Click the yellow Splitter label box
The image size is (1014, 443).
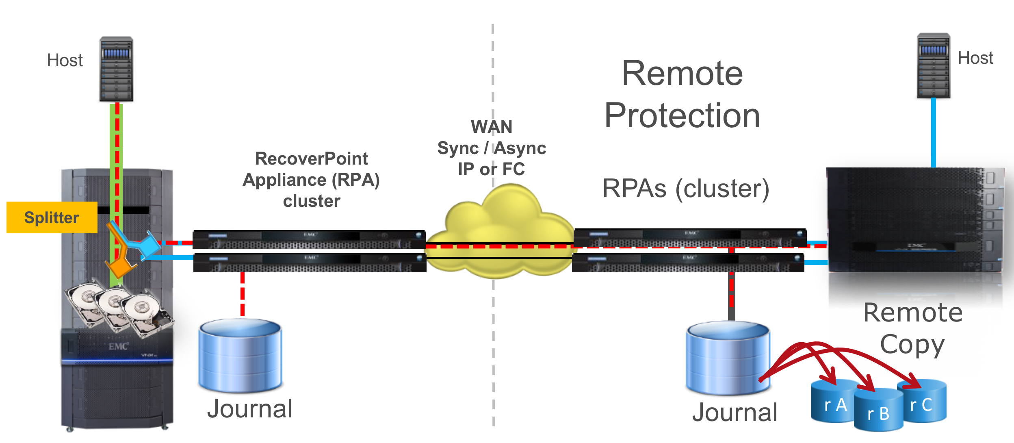point(52,217)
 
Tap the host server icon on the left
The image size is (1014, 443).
point(116,69)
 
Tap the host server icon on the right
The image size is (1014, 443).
point(933,66)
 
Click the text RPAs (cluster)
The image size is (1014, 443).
point(686,189)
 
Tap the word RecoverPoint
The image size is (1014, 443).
point(311,159)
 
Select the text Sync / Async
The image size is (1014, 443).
point(492,148)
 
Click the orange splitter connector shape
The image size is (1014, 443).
point(120,266)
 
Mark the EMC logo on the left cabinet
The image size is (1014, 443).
point(118,346)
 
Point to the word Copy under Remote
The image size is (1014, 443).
point(912,345)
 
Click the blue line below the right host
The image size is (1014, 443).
point(933,132)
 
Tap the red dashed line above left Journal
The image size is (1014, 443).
point(243,293)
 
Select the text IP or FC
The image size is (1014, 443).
point(492,169)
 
